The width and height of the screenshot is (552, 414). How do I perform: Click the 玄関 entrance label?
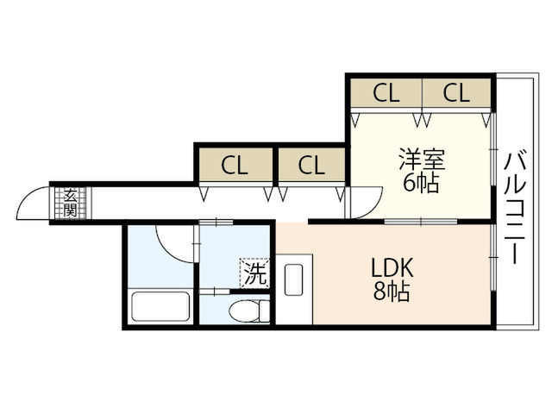tap(71, 203)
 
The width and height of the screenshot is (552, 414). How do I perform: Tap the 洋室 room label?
tap(422, 160)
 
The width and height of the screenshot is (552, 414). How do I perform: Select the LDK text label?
tap(392, 268)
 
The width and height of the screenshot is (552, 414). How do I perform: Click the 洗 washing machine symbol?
tap(254, 273)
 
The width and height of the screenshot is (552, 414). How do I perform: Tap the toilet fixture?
tap(249, 310)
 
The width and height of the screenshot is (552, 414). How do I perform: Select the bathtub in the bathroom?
tap(160, 307)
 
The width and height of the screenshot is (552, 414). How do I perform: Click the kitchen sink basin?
tap(293, 279)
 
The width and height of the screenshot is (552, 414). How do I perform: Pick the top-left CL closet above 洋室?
tap(386, 92)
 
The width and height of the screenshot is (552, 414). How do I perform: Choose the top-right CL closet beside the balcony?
tap(456, 92)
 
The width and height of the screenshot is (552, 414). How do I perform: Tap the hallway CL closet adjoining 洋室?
tap(311, 166)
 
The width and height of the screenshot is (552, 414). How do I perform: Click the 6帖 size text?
tap(421, 184)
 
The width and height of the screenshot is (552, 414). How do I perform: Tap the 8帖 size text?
tap(392, 292)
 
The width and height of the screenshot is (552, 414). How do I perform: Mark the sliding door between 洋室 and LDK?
tap(421, 222)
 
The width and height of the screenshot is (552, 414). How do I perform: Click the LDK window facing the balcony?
tap(493, 258)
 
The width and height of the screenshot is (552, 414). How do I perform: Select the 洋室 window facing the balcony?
tap(493, 149)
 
